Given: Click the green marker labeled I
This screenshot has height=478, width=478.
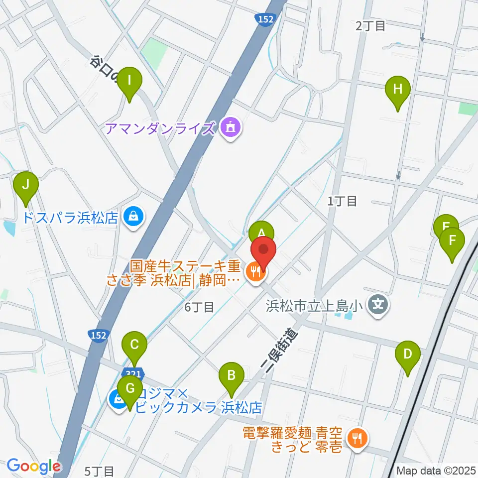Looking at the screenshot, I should tap(129, 80).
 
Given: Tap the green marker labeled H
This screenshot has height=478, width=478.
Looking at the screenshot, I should tap(397, 90).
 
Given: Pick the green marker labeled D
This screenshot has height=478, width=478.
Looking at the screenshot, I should tap(407, 355).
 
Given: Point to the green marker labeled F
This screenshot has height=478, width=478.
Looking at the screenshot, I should tap(452, 241).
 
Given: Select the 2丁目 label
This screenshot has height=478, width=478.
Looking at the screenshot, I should tap(370, 26).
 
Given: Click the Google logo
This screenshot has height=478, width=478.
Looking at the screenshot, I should tap(33, 466).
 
